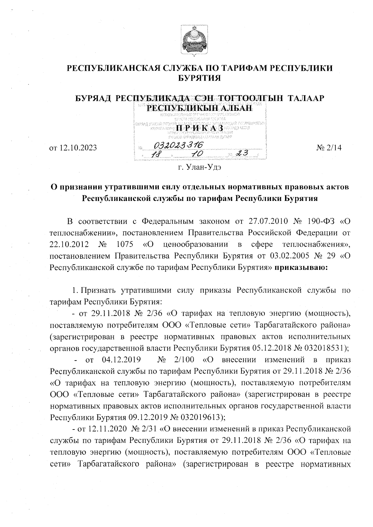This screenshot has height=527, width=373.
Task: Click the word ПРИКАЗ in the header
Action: point(199,128)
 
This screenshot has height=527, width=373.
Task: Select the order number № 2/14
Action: point(329,148)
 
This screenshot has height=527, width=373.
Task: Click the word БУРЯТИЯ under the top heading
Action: point(200,78)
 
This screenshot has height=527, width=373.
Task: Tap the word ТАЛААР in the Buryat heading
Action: point(306,98)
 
